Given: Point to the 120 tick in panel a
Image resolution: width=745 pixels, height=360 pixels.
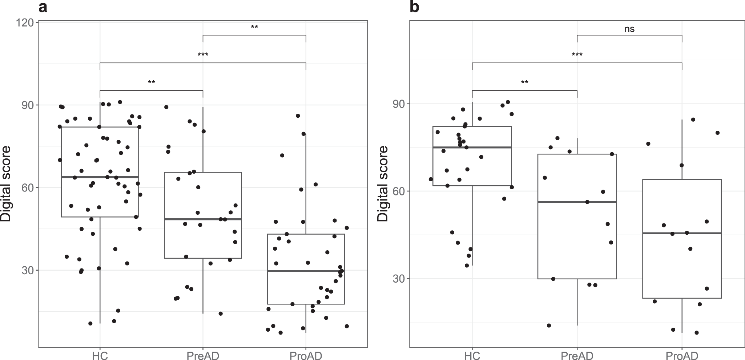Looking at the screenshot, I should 28,23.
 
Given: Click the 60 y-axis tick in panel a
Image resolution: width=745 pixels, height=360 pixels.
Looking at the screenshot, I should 28,188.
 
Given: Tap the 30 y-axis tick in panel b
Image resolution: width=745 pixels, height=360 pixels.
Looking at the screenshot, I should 399,279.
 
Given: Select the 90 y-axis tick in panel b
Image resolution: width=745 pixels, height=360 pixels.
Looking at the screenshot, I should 399,104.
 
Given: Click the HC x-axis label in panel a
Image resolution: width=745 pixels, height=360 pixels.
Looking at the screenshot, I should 100,356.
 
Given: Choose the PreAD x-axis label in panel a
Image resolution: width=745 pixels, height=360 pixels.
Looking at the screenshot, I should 203,356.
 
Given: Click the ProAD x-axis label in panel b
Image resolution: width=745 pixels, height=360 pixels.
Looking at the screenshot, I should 682,356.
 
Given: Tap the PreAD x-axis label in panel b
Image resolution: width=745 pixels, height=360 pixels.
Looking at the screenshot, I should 577,356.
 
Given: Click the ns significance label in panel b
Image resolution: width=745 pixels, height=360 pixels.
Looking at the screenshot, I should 629,29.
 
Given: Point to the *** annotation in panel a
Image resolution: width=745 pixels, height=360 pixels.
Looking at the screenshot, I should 203,55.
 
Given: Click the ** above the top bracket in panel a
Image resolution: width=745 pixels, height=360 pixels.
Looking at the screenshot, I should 254,27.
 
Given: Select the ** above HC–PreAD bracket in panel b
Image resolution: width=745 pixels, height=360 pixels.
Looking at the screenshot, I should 524,82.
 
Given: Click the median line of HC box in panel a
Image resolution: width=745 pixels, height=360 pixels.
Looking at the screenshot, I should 100,177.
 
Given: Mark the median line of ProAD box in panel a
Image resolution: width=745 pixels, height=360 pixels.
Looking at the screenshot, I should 306,271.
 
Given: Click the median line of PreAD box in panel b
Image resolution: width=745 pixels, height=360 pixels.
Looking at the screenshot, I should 577,202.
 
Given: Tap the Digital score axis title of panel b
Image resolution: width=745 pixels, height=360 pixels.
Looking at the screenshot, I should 382,184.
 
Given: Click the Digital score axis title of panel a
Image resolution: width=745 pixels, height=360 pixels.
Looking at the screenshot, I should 6,184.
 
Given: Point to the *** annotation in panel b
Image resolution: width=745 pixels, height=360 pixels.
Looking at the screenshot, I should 577,55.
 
